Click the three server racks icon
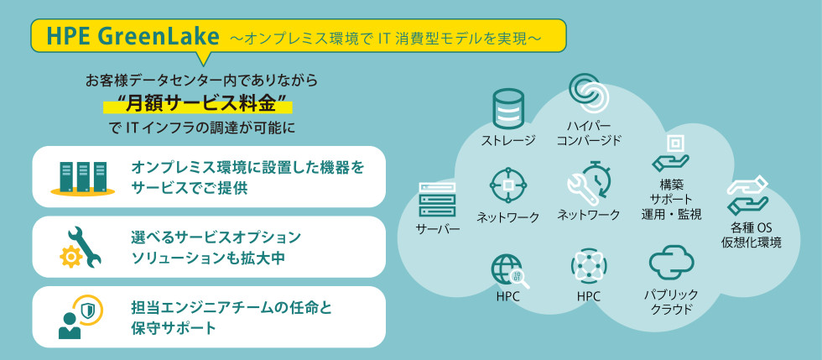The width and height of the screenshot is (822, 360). click(x=82, y=177)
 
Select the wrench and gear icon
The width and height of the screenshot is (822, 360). click(x=81, y=247)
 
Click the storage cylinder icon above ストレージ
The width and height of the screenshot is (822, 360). click(x=508, y=107)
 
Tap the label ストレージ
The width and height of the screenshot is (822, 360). click(x=508, y=139)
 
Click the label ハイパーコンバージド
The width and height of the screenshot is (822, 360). click(x=588, y=133)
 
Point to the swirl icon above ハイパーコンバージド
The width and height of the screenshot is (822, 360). click(x=588, y=91)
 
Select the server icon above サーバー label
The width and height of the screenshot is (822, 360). click(x=437, y=200)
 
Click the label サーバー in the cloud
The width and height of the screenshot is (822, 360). click(x=438, y=230)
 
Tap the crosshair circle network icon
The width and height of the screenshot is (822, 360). click(x=508, y=185)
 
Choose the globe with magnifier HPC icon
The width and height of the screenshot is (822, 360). click(x=508, y=270)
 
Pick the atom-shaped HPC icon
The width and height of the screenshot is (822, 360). click(x=588, y=268)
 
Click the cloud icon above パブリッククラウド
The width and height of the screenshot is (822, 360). click(x=671, y=263)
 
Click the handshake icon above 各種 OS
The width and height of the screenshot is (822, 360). click(x=748, y=196)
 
